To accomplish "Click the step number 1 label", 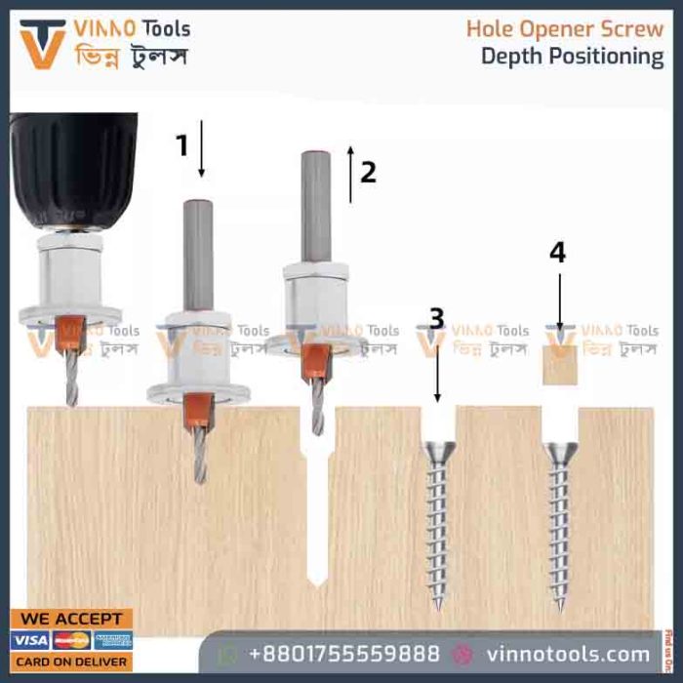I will click(x=181, y=145).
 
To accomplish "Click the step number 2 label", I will click(x=367, y=172).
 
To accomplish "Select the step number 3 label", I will click(x=437, y=318).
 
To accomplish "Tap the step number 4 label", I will click(x=557, y=252).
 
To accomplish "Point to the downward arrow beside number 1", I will click(x=202, y=148).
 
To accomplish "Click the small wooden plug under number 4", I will click(x=560, y=365).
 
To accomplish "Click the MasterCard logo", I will click(x=72, y=640).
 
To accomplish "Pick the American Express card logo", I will click(x=113, y=640).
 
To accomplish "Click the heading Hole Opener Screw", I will click(x=564, y=28).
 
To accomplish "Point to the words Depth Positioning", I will click(x=572, y=57).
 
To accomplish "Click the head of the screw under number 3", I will click(x=437, y=452).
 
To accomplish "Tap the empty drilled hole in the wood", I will click(x=315, y=507).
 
